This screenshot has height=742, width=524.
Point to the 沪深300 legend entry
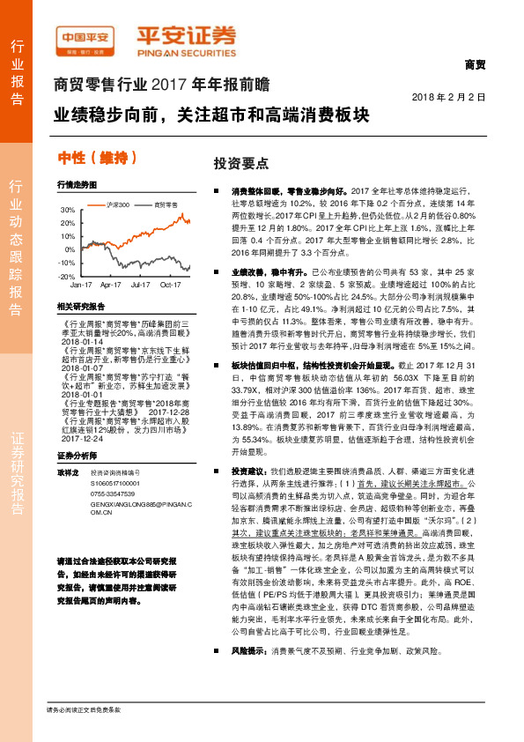coord(114,204)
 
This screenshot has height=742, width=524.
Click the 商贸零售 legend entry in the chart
coord(162,204)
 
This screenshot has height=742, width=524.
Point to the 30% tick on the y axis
coord(67,211)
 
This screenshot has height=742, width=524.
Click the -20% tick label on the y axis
coord(66,276)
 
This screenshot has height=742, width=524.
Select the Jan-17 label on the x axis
coord(81,286)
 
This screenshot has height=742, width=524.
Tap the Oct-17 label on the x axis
coord(171,286)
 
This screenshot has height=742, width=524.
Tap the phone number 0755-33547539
coord(110,493)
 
